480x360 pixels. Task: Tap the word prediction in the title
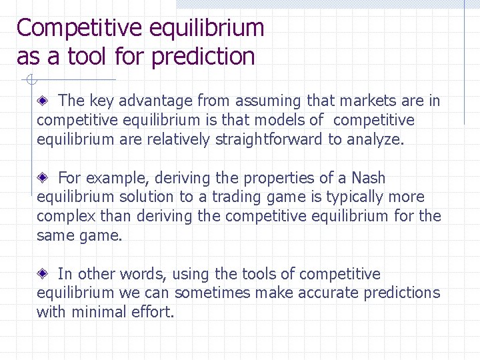(203, 57)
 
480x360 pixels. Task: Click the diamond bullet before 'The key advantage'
(43, 101)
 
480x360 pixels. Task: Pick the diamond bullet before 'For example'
(43, 179)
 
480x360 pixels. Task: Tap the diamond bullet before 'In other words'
(43, 275)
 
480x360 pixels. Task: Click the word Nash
(368, 178)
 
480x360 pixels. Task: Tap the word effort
(155, 312)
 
